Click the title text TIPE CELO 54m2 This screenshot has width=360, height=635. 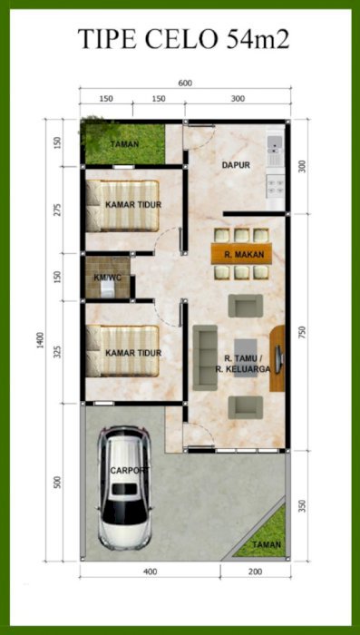[x=183, y=39]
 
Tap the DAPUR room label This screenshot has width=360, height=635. [x=236, y=165]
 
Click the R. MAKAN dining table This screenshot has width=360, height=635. [x=241, y=254]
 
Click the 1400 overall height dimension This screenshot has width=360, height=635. [x=39, y=341]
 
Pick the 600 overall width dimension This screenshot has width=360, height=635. [x=185, y=83]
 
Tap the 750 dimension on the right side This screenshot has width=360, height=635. [x=303, y=332]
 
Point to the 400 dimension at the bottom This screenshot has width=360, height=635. [x=150, y=571]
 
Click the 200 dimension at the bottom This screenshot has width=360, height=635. [x=256, y=571]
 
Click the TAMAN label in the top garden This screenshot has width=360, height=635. [x=125, y=143]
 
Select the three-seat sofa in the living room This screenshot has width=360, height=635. [x=205, y=357]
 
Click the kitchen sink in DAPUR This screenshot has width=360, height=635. [x=275, y=142]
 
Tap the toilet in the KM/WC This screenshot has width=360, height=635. [x=107, y=289]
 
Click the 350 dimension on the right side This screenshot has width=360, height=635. [x=303, y=506]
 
